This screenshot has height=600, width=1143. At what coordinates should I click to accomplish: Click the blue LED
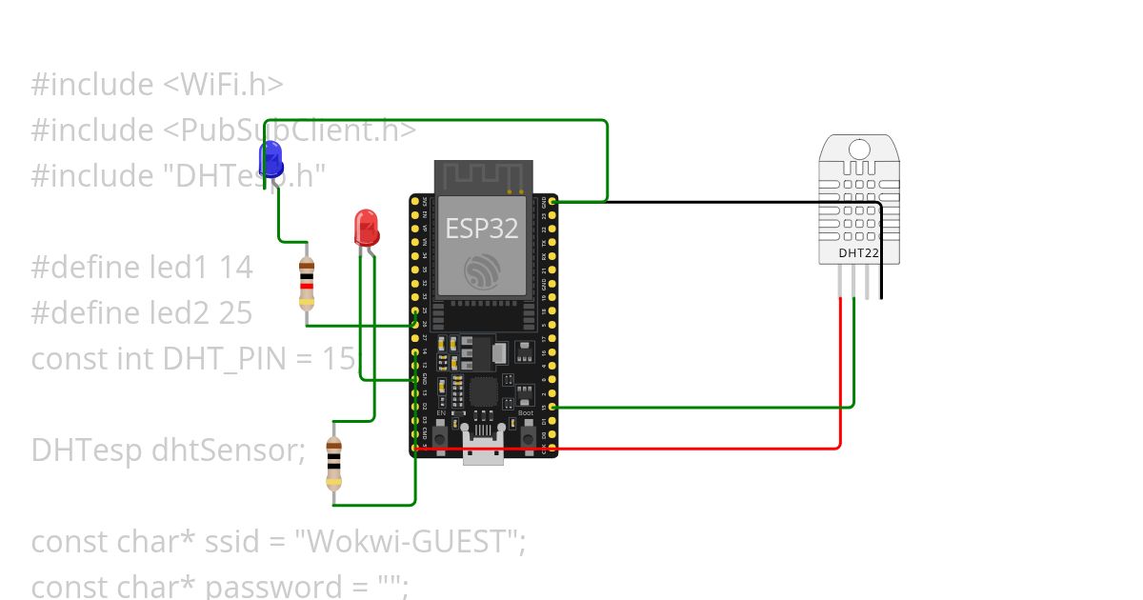271,158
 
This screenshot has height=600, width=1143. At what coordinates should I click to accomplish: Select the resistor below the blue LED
306,284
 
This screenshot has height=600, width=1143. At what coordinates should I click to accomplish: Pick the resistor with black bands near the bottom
333,465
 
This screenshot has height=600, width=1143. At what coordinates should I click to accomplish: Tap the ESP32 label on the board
481,229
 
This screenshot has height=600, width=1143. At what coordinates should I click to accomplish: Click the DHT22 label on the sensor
858,253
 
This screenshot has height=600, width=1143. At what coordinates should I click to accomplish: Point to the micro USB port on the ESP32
484,453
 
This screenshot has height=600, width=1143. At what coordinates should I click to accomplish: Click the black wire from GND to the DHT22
724,202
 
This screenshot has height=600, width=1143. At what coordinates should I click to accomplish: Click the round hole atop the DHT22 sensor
859,149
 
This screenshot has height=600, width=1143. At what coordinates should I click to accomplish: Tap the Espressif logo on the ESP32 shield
481,272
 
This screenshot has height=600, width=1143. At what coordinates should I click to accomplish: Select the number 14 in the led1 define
235,268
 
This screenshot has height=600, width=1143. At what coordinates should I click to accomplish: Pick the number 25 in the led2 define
235,313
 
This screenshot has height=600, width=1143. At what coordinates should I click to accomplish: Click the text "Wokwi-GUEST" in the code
409,542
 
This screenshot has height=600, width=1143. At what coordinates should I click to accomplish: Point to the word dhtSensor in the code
228,450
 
